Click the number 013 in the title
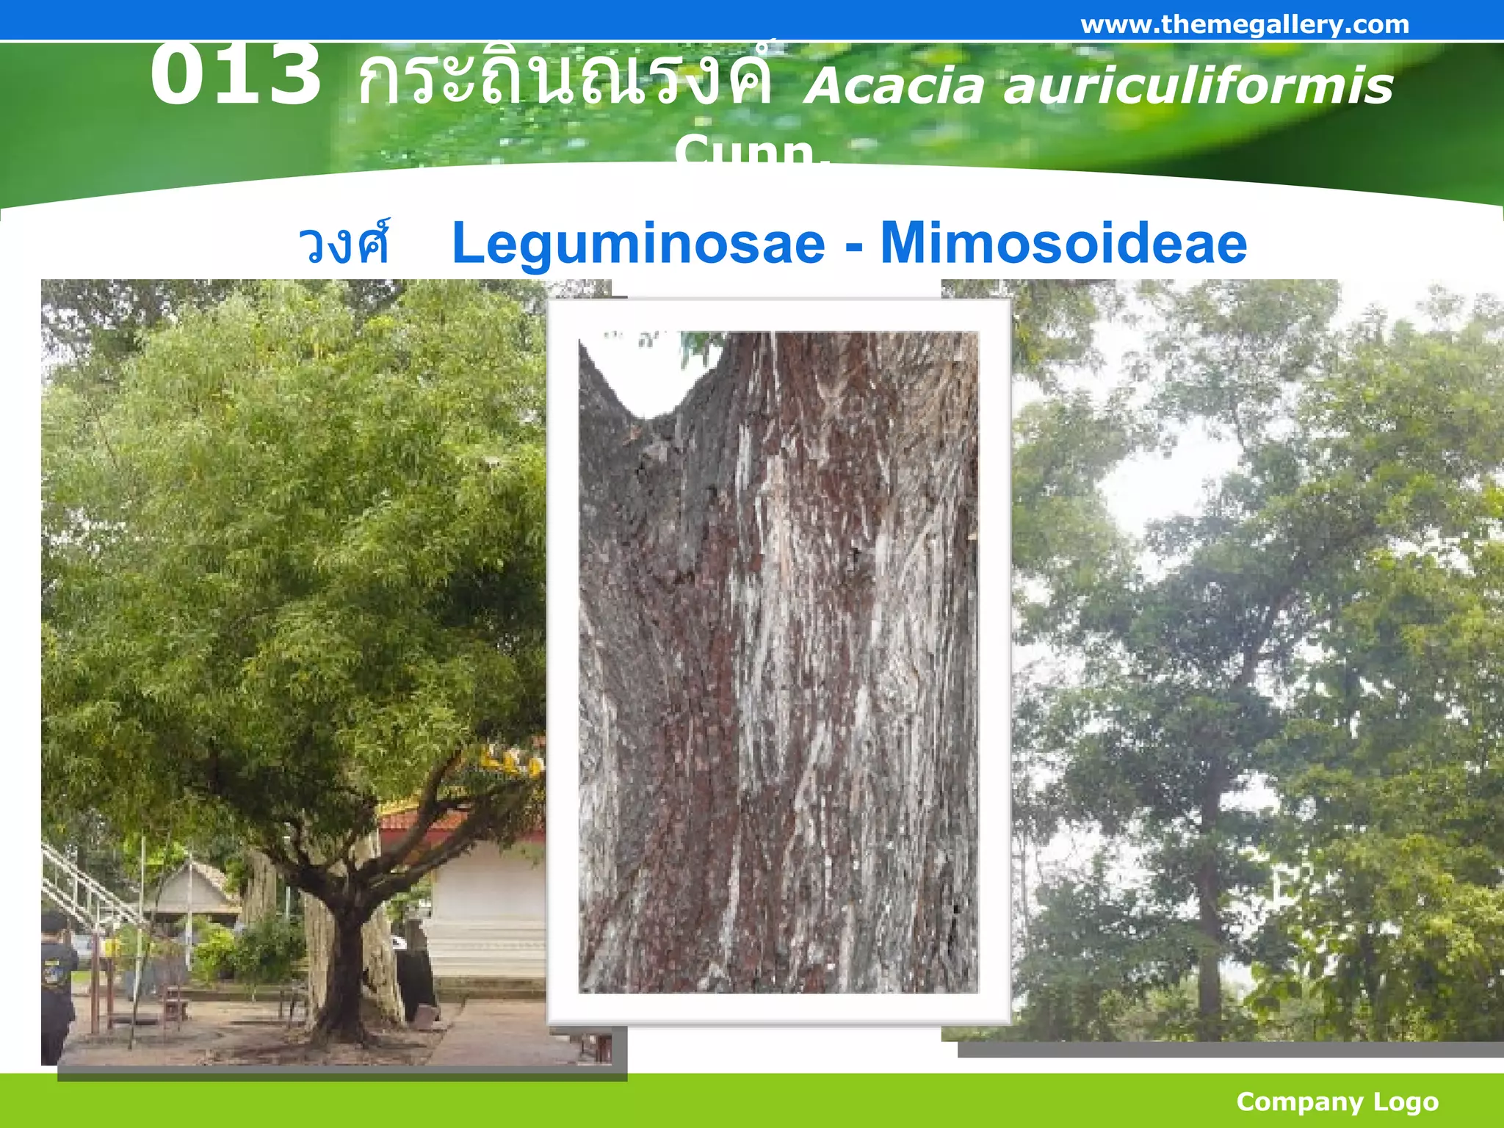pos(235,75)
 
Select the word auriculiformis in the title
pos(1198,87)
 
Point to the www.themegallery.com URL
pos(1245,25)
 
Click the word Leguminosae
pos(638,244)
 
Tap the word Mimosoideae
pos(1063,244)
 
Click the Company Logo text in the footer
pos(1337,1102)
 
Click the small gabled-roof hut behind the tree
pos(192,889)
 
